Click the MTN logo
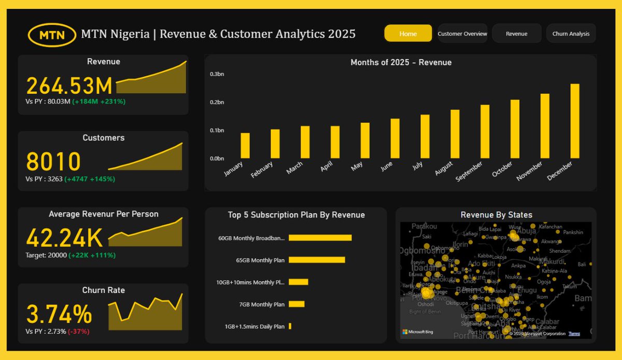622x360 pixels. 52,35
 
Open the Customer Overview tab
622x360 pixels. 462,34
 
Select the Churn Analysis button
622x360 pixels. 571,34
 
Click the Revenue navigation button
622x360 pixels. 516,34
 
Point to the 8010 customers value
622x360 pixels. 53,162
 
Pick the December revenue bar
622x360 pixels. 574,121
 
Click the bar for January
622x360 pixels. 245,146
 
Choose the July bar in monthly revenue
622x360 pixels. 425,136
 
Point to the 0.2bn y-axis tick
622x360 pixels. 217,103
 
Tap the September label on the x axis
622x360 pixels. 469,172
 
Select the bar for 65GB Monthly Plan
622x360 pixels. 317,260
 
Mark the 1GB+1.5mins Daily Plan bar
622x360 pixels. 290,326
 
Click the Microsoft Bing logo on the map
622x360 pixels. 418,332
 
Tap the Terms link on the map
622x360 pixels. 574,334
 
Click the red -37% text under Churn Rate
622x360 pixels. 79,331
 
